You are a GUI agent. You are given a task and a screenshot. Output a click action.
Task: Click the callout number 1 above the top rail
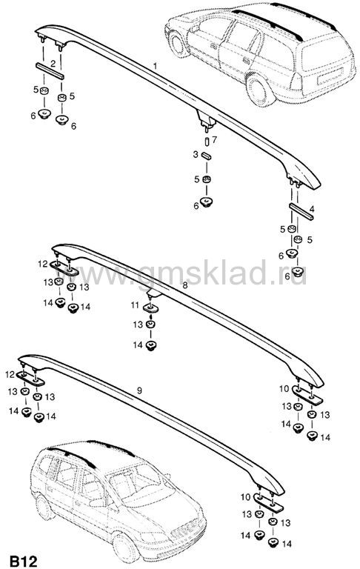coord(156,66)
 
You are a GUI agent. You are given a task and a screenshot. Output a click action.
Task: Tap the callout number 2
coord(53,64)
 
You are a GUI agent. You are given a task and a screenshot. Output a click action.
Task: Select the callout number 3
coord(196,155)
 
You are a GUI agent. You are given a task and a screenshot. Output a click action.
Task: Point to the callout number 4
coord(312,209)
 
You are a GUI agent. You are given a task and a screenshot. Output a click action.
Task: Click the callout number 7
coord(215,139)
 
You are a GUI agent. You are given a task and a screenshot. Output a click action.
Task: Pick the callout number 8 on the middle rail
coord(185,285)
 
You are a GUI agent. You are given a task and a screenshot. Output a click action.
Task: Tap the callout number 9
coord(139,390)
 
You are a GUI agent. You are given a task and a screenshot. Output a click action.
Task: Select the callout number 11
coord(135,305)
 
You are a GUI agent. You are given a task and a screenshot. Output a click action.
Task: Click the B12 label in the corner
coord(24,561)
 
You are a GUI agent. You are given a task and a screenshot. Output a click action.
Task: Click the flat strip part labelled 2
coord(50,71)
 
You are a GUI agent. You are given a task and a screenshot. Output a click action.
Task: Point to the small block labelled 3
coord(207,156)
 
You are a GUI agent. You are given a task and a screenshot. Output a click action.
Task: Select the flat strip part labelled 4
coord(301,211)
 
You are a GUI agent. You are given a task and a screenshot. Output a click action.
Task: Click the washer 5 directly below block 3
coord(207,179)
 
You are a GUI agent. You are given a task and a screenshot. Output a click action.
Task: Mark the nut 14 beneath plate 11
coord(150,345)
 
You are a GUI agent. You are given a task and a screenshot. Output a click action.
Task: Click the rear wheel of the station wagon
coord(258,89)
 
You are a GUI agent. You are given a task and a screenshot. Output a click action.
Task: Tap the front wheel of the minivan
coord(126,548)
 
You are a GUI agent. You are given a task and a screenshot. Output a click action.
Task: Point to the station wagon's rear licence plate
coord(330,78)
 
